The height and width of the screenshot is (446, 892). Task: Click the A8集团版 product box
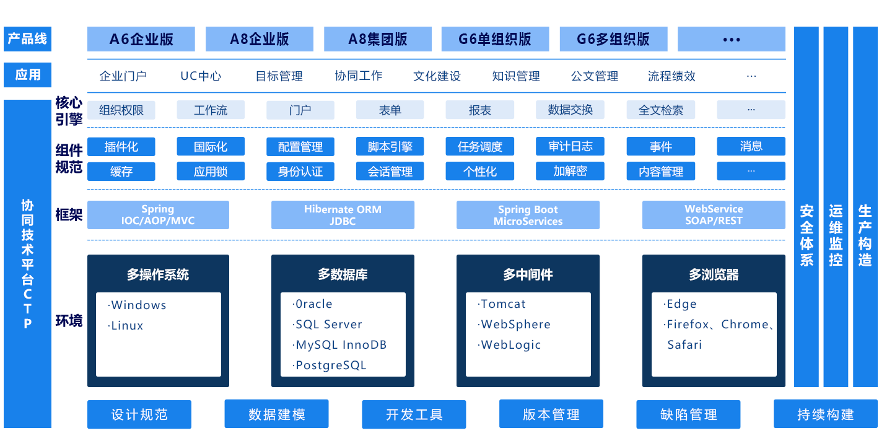[378, 39]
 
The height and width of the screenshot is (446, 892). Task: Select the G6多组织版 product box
[613, 39]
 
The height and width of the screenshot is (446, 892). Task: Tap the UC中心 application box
[201, 76]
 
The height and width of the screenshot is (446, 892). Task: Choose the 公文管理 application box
[594, 76]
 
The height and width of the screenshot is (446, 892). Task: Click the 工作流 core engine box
[211, 110]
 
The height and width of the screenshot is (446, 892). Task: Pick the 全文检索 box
[661, 110]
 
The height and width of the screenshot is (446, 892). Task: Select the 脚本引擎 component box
[390, 147]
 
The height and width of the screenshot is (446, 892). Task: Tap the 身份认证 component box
[300, 172]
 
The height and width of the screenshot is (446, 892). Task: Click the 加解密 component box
[570, 172]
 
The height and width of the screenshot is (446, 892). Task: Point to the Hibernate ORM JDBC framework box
[343, 215]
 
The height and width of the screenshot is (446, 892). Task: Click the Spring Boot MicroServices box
[528, 215]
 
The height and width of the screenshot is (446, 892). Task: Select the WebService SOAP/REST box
[714, 215]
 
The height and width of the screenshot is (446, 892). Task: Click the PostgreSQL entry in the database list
[331, 365]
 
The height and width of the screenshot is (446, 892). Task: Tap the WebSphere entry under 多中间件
[515, 325]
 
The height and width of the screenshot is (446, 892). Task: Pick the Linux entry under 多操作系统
[127, 326]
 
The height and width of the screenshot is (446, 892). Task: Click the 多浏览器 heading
[714, 274]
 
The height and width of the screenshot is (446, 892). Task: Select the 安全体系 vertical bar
[807, 235]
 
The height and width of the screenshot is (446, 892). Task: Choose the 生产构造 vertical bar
[865, 235]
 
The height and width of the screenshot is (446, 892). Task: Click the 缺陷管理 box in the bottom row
[688, 414]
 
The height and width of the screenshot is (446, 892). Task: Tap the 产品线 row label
[28, 39]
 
